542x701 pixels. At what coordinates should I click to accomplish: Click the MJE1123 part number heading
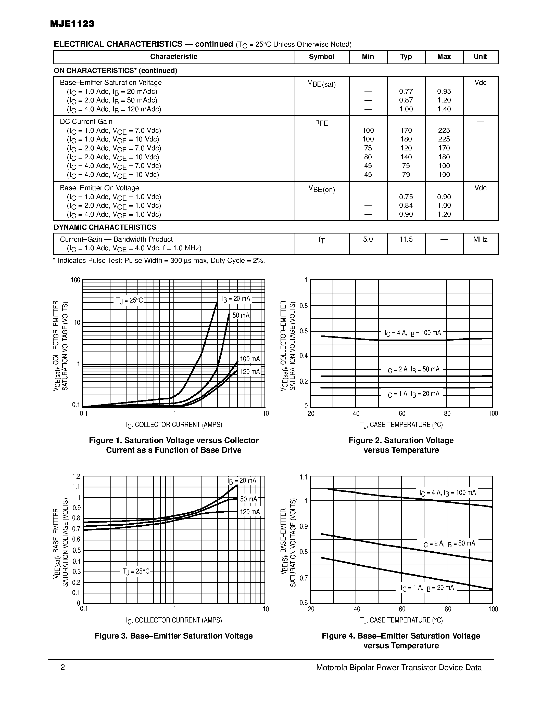tap(72, 24)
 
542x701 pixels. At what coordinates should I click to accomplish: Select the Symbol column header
tap(321, 57)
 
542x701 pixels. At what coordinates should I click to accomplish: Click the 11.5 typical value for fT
tap(406, 239)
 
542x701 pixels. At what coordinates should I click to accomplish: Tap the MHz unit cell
tap(480, 239)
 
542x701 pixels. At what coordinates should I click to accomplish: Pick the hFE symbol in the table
tap(321, 122)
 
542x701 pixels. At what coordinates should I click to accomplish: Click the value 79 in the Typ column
tap(406, 175)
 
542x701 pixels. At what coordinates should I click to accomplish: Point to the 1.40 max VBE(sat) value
tap(444, 109)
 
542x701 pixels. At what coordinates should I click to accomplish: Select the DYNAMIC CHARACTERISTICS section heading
tap(105, 227)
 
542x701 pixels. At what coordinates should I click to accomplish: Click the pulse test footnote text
tap(159, 261)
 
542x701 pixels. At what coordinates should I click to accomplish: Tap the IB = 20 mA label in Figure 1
tap(236, 299)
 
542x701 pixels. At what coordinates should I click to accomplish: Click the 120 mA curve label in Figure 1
tap(250, 372)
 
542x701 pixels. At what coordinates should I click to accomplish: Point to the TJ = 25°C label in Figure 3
tap(136, 572)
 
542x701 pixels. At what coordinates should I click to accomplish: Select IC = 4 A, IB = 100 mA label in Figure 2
tap(413, 333)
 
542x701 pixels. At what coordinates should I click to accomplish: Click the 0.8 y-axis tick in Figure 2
tap(304, 306)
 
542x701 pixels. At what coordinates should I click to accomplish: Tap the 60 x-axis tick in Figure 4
tap(402, 609)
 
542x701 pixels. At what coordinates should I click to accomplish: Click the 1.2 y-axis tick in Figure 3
tap(76, 476)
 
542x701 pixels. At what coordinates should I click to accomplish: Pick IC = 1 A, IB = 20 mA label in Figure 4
tap(427, 588)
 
